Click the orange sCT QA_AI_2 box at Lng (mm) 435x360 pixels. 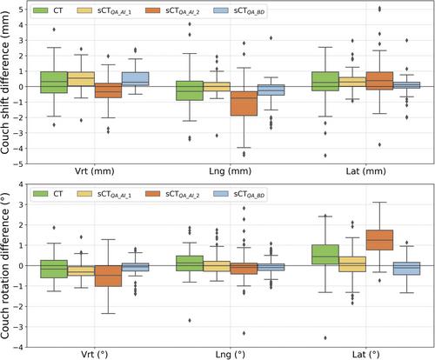244,103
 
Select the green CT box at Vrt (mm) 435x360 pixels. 54,83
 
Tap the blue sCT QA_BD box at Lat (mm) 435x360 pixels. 406,85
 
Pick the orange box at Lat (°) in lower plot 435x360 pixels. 379,240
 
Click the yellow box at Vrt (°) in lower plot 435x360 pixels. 81,270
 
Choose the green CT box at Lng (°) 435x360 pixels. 190,263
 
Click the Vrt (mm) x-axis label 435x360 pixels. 95,171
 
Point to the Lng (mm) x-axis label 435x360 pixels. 231,171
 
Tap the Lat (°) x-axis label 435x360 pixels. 366,354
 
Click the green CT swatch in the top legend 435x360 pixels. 41,10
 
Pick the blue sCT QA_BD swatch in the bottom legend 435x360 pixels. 221,194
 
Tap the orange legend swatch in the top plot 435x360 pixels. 152,10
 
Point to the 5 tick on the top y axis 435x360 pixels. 21,10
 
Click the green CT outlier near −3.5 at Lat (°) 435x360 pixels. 325,337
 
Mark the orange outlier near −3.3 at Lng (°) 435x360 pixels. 244,333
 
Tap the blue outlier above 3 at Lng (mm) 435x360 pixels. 271,38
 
